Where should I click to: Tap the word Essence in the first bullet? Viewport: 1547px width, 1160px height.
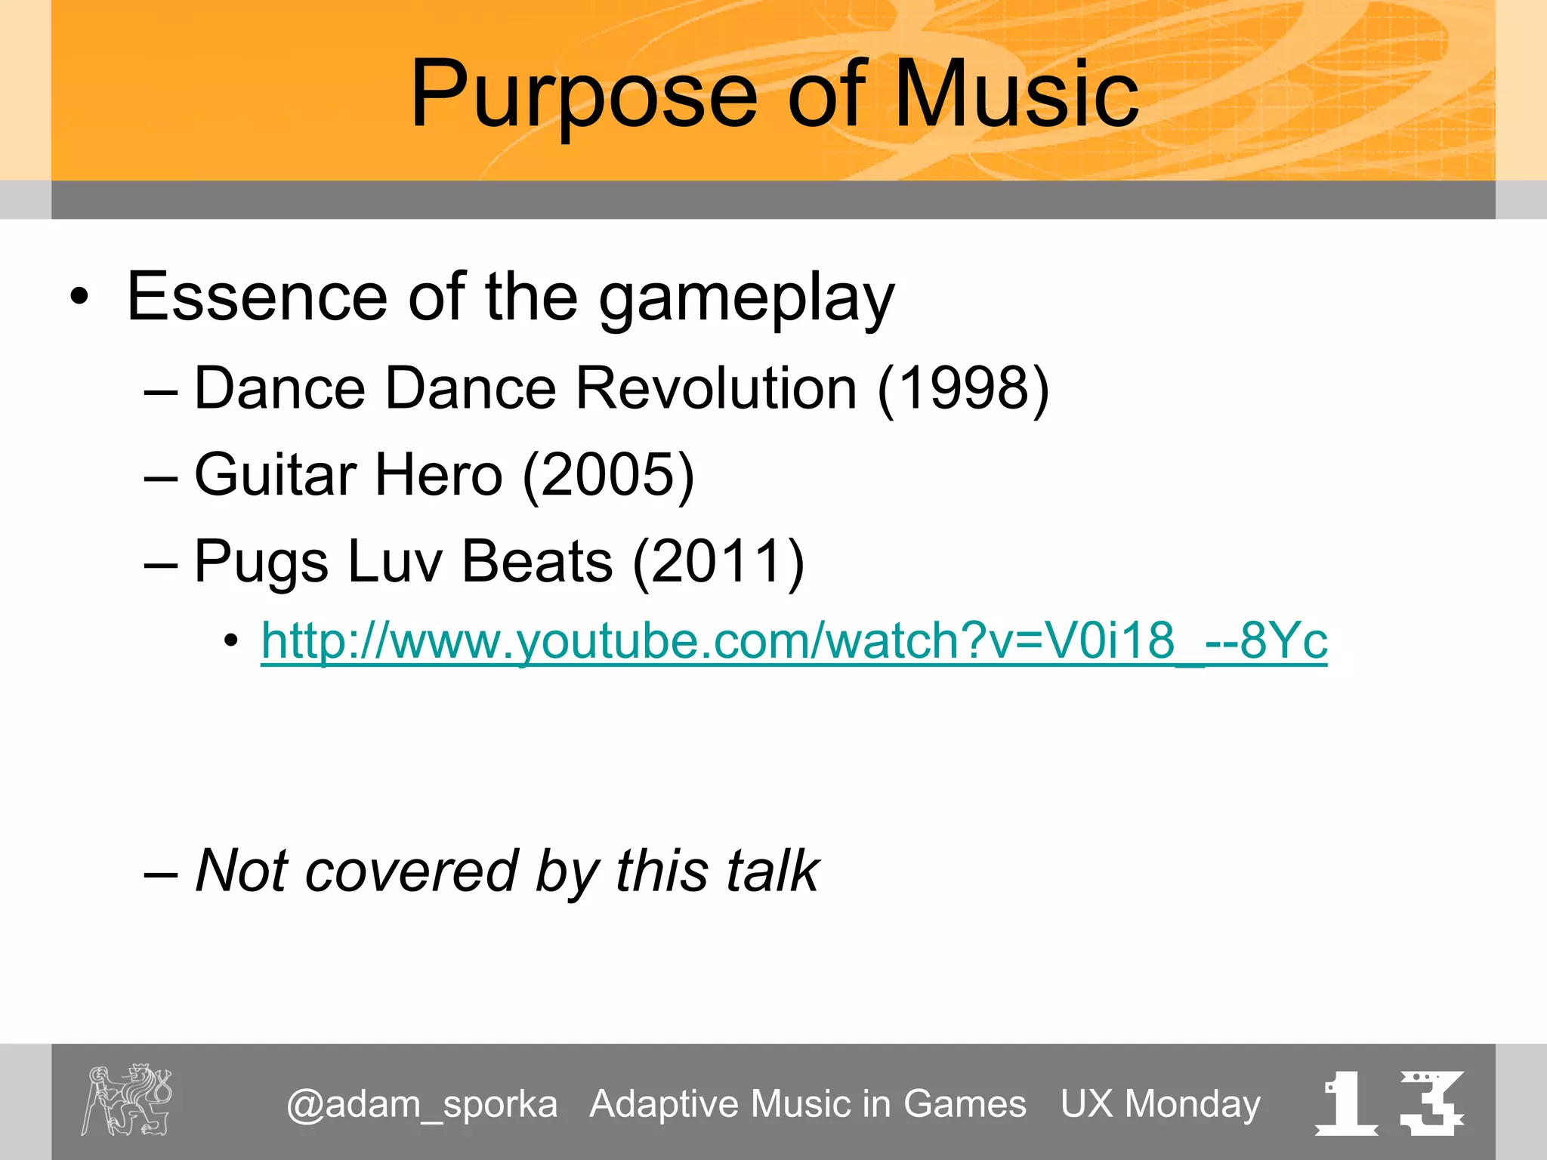(x=257, y=297)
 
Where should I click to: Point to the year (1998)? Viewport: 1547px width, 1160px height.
(x=963, y=388)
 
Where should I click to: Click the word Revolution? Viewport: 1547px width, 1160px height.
(x=716, y=388)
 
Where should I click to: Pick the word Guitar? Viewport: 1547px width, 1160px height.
(x=276, y=475)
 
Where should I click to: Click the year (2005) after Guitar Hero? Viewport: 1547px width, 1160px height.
(x=608, y=475)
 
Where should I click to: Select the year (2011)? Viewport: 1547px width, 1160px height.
(x=718, y=562)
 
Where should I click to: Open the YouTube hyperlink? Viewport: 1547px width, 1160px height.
(x=793, y=641)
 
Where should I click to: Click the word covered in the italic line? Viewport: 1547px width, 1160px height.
(x=412, y=871)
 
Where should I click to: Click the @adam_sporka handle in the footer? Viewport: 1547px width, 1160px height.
(x=421, y=1105)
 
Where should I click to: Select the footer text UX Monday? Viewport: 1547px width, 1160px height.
(x=1160, y=1103)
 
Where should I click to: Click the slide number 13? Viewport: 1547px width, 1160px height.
(x=1390, y=1103)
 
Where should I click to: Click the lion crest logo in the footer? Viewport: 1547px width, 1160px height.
(x=127, y=1100)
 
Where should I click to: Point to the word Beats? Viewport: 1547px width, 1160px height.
(x=537, y=562)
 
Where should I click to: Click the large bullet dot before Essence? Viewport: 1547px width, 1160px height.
(x=79, y=298)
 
